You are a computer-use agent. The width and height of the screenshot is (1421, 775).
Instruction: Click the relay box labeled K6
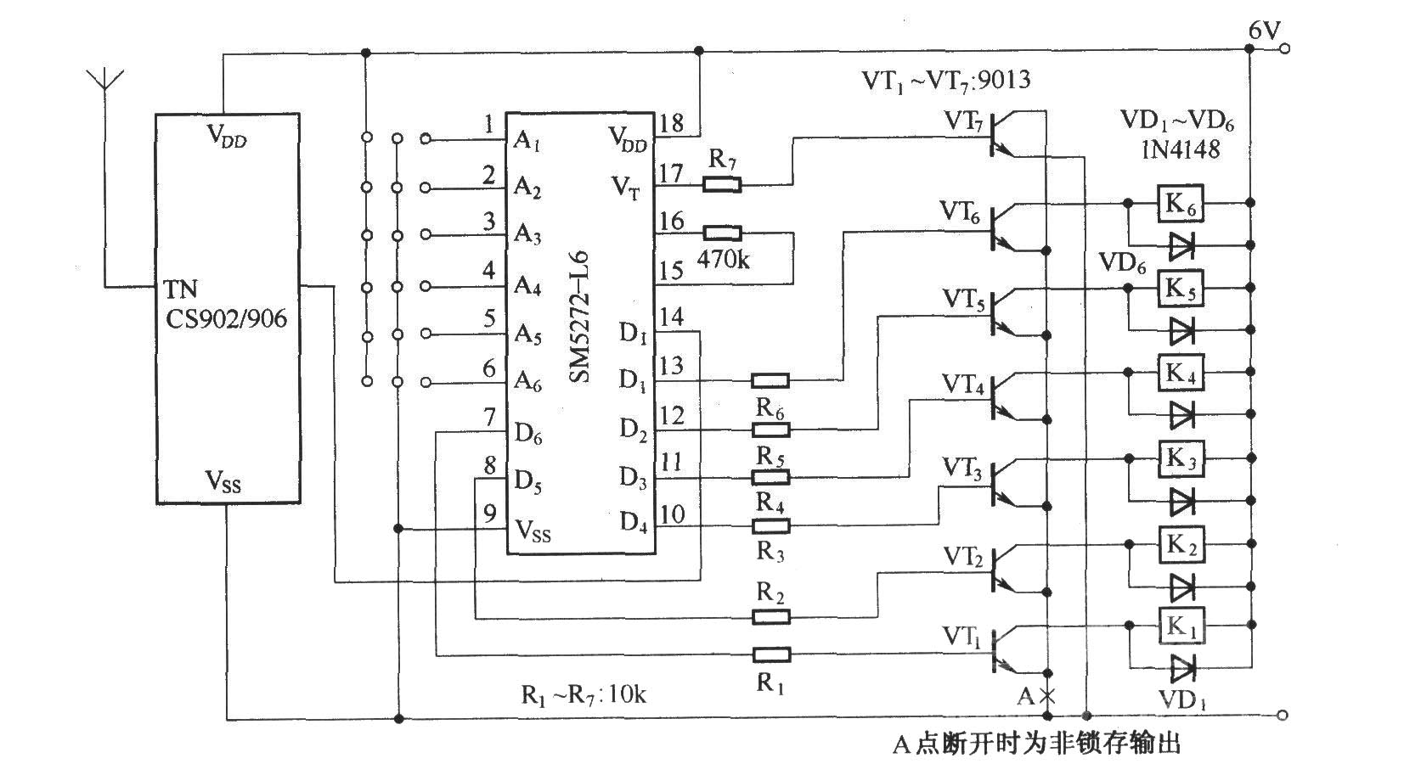[x=1180, y=203]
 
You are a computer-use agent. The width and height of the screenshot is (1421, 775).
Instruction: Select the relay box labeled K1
[x=1181, y=626]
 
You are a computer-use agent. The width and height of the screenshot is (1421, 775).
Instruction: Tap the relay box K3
[x=1181, y=458]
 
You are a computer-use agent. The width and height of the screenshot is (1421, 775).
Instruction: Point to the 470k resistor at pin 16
[x=722, y=233]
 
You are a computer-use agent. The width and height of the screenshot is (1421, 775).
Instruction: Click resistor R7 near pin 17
[x=722, y=184]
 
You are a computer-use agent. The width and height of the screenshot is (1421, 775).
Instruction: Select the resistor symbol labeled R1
[x=770, y=654]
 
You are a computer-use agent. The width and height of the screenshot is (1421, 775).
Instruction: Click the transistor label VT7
[x=964, y=121]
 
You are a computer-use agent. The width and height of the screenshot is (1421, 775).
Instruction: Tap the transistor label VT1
[x=961, y=637]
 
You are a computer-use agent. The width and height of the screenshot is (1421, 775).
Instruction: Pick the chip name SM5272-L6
[x=578, y=317]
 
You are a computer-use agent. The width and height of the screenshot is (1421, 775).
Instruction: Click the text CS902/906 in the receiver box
[x=226, y=318]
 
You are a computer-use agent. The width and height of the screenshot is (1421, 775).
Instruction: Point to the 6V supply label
[x=1265, y=30]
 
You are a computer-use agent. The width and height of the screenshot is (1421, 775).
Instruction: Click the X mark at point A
[x=1047, y=696]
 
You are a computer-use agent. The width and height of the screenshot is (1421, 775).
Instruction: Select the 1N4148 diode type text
[x=1181, y=149]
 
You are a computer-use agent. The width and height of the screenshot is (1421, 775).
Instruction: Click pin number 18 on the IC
[x=672, y=122]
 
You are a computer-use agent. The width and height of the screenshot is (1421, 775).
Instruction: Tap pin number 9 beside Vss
[x=490, y=513]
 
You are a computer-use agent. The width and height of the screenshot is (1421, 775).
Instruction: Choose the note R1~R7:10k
[x=584, y=695]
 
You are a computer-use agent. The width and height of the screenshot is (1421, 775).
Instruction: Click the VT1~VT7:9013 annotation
[x=946, y=81]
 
